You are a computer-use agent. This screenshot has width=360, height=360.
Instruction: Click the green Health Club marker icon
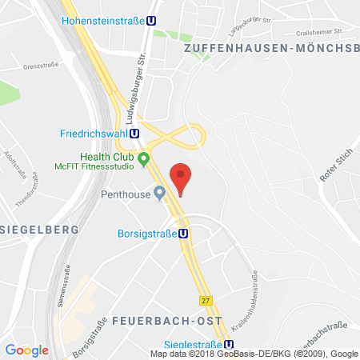pos(144,158)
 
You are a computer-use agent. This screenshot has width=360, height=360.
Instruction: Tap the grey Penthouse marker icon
pos(159,192)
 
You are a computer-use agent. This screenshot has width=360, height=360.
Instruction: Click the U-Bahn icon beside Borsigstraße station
pos(184,234)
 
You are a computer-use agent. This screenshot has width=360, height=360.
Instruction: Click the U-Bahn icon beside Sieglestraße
pos(229,339)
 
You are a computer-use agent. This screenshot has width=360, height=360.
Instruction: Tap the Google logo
pos(27,350)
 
